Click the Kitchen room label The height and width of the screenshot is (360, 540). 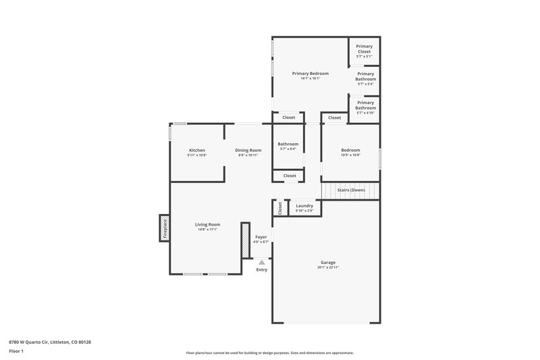point(197,150)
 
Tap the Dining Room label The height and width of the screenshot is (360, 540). point(248,150)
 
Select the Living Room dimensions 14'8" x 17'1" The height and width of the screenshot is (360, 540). point(207,229)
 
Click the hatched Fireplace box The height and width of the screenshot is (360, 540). point(163,228)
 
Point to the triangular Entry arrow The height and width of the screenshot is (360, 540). point(262,262)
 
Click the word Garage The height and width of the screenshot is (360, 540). point(328,262)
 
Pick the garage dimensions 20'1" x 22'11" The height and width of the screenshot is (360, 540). point(328,267)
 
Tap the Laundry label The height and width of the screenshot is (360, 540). point(304,205)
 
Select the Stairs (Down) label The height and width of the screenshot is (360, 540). point(351,190)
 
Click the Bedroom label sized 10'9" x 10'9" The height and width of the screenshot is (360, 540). point(350,150)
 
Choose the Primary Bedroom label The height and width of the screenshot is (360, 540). point(310,73)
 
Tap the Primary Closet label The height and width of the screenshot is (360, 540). point(364,48)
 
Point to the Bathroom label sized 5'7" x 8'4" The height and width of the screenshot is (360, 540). point(288,144)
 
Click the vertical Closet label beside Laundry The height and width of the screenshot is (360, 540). point(279,209)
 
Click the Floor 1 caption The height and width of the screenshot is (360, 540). point(16,352)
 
